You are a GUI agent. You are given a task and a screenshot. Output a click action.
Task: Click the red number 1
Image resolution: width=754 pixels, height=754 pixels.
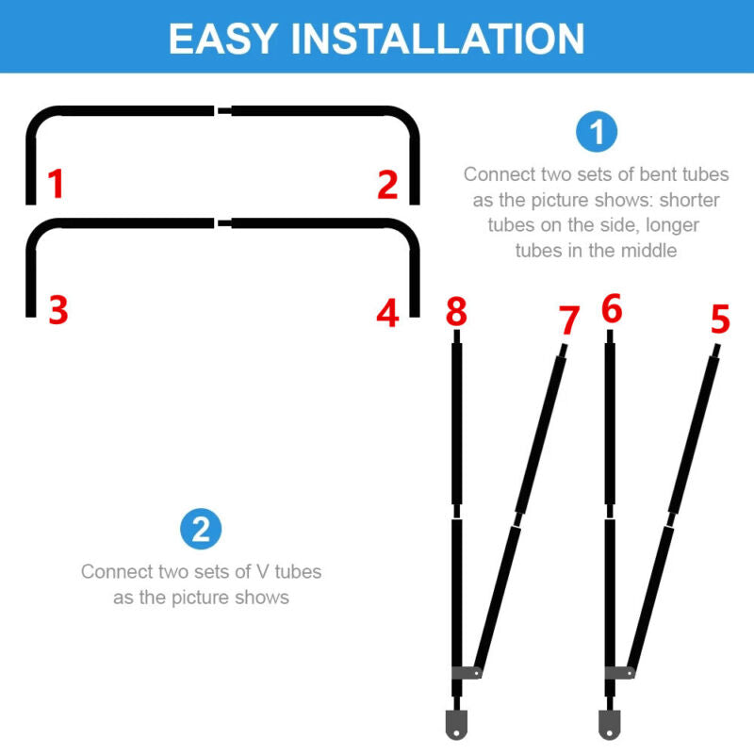[x=57, y=183]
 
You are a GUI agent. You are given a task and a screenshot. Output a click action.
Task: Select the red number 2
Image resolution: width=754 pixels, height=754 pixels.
[x=387, y=184]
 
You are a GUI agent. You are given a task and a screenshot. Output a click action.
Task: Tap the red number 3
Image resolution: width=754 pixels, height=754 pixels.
[x=58, y=310]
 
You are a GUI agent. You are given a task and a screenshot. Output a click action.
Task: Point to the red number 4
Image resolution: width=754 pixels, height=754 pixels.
[x=387, y=313]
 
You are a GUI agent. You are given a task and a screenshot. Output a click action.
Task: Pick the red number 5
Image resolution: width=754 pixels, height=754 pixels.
[x=720, y=319]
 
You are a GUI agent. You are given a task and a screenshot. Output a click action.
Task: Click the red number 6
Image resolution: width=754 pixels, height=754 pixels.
[x=612, y=308]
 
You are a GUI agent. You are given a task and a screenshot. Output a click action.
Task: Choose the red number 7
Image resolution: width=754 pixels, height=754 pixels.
[x=569, y=320]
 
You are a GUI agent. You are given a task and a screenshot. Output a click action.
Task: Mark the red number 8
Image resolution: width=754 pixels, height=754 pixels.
[x=456, y=311]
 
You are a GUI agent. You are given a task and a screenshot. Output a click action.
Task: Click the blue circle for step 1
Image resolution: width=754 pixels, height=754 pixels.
[x=597, y=132]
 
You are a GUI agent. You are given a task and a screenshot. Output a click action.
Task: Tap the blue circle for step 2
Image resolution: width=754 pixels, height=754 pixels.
[x=201, y=529]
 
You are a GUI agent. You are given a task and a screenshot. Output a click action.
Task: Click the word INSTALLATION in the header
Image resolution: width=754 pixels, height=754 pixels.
[x=437, y=39]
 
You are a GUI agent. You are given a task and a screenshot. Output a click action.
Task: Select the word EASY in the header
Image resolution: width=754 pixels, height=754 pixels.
[x=222, y=39]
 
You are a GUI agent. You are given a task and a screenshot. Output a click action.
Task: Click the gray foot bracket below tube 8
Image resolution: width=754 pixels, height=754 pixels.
[x=456, y=724]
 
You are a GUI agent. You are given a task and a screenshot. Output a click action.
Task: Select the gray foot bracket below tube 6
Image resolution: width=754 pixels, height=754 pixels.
[x=609, y=724]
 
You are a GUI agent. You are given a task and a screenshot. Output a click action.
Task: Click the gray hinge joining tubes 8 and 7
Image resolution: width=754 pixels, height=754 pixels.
[x=467, y=672]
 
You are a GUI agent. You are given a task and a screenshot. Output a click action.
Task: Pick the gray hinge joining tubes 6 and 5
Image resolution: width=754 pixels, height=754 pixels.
[x=620, y=672]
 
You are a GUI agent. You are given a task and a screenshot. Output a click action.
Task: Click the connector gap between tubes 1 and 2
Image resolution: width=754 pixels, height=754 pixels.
[x=223, y=111]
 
